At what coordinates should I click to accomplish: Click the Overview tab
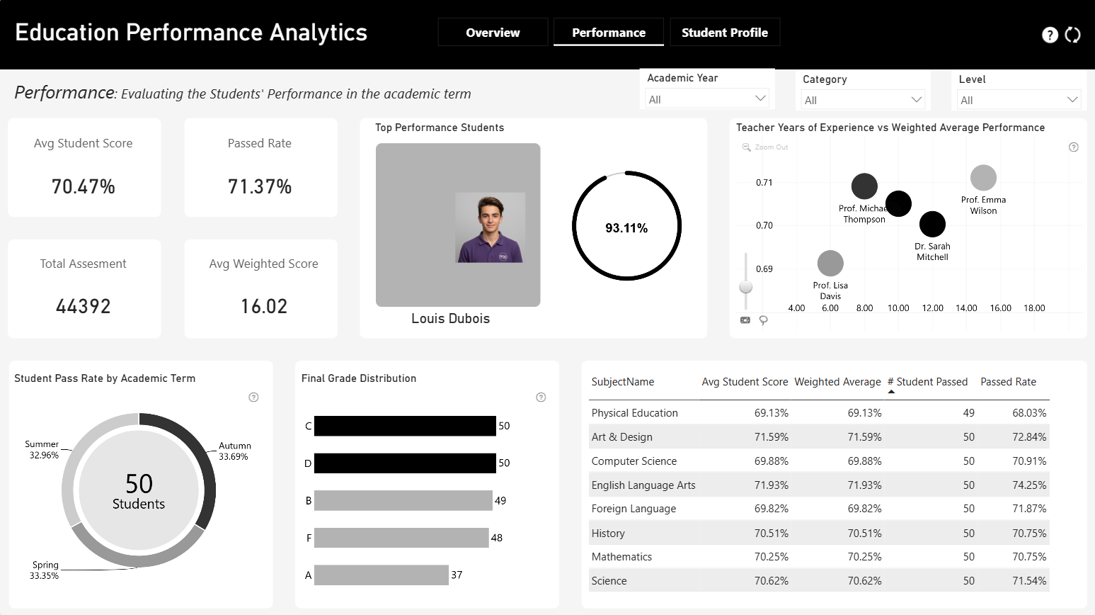click(x=493, y=33)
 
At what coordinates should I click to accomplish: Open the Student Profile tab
click(x=725, y=33)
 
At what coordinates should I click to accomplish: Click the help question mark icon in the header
click(x=1050, y=35)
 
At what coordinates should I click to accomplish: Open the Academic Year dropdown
click(x=707, y=98)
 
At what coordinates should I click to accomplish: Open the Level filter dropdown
click(x=1019, y=100)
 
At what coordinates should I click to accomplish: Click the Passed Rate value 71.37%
click(x=260, y=186)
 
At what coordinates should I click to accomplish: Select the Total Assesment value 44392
click(x=83, y=306)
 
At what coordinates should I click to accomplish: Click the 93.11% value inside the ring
click(x=626, y=228)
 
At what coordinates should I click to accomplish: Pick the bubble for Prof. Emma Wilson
click(x=983, y=178)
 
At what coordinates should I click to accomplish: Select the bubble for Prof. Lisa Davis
click(x=830, y=264)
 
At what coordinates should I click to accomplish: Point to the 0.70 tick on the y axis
click(x=764, y=225)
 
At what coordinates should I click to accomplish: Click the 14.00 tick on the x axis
click(x=966, y=307)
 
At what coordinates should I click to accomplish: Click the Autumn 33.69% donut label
click(x=235, y=451)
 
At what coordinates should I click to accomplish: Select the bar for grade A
click(x=382, y=575)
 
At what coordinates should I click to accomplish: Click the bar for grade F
click(x=401, y=538)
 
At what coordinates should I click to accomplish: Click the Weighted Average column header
click(x=837, y=382)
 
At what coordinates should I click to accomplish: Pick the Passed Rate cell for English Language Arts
click(x=1029, y=485)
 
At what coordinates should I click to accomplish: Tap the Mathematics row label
click(x=621, y=557)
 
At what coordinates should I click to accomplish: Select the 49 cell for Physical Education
click(x=968, y=413)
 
